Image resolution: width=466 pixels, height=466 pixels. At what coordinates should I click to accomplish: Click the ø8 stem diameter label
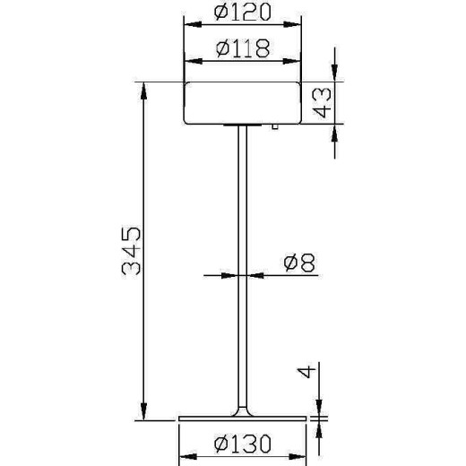click(297, 263)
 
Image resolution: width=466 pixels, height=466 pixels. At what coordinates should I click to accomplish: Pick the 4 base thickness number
click(307, 373)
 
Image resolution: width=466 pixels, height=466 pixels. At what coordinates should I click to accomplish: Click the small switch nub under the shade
click(275, 129)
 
